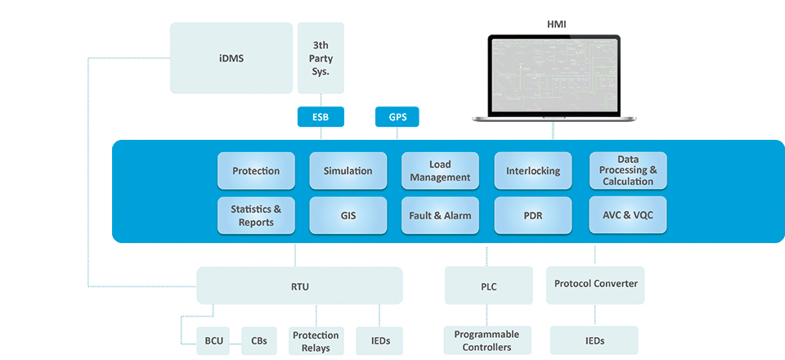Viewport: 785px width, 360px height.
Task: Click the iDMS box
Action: [231, 58]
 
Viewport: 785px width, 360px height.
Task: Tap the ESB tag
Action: [321, 117]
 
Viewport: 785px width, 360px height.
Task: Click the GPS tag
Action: [397, 117]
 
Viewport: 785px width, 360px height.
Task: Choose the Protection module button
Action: [256, 171]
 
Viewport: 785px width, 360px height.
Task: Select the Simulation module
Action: [348, 171]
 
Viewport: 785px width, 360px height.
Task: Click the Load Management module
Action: [440, 171]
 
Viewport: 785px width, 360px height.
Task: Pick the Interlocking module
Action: [532, 171]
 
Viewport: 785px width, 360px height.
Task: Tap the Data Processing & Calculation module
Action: [628, 170]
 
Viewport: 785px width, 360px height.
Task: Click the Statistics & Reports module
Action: [256, 215]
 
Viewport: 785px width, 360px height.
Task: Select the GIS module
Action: [348, 215]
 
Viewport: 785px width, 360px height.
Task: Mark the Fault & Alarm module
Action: [440, 215]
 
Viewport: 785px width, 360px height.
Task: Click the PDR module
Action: [532, 215]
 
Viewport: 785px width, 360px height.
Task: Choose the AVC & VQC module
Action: [628, 215]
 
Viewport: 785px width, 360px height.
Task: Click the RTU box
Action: [299, 286]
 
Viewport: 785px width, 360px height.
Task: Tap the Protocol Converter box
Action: [595, 284]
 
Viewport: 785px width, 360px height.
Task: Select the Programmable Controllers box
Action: [487, 340]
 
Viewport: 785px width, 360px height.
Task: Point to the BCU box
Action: [213, 340]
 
